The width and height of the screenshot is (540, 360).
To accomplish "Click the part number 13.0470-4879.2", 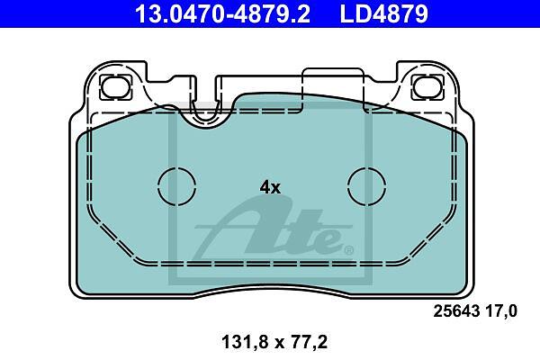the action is pos(222,13).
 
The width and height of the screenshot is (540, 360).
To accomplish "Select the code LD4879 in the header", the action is pos(384,13).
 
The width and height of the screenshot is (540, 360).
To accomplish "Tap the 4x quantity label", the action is pos(270,188).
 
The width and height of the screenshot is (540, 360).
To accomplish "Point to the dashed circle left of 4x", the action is pos(177,187).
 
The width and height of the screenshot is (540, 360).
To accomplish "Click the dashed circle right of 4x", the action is pos(367,187).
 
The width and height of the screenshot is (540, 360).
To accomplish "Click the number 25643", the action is pos(456,311).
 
